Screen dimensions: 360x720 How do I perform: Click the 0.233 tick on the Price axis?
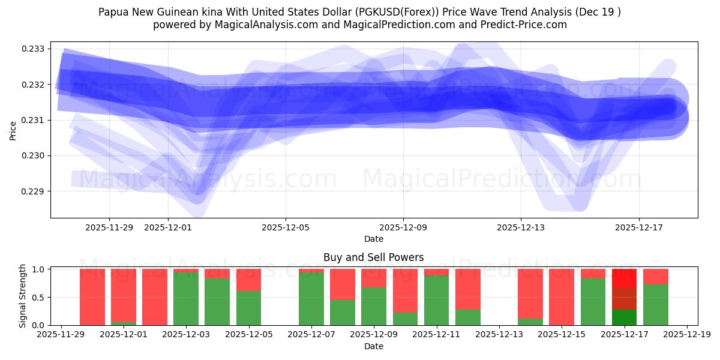click(37, 49)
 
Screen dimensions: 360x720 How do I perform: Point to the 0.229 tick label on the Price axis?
click(37, 191)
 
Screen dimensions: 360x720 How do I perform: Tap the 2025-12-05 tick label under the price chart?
click(286, 227)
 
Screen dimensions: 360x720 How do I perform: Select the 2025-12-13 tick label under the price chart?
click(521, 227)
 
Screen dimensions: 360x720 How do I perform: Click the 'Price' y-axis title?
click(13, 130)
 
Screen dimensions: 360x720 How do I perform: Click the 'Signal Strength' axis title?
click(23, 296)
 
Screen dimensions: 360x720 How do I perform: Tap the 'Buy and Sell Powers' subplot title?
click(373, 257)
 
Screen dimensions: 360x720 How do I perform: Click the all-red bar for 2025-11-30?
click(92, 297)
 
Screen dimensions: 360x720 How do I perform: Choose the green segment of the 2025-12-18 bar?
click(656, 305)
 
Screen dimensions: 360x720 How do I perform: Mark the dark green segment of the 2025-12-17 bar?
click(625, 317)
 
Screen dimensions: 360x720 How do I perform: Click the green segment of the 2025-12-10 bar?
click(405, 319)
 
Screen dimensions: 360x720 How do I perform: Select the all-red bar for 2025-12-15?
click(562, 297)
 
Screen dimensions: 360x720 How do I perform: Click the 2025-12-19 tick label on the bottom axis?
click(687, 335)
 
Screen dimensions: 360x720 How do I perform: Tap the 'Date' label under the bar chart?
click(373, 346)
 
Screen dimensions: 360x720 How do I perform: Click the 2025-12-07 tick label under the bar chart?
click(311, 335)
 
